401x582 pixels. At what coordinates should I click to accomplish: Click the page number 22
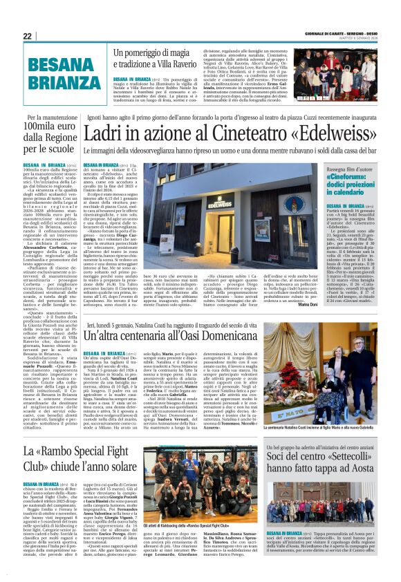pyautogui.click(x=27, y=36)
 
